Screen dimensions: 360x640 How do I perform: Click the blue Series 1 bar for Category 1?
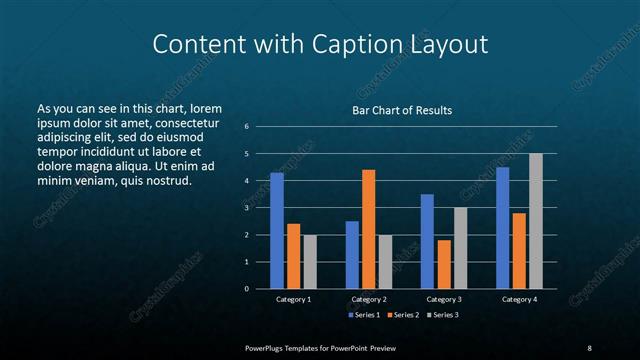pyautogui.click(x=277, y=231)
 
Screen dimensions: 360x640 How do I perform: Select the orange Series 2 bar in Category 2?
pyautogui.click(x=369, y=229)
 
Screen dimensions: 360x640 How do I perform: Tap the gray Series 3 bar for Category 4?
pyautogui.click(x=536, y=221)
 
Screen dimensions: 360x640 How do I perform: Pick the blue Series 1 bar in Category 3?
pyautogui.click(x=427, y=241)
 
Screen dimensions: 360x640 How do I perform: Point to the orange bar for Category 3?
pyautogui.click(x=444, y=264)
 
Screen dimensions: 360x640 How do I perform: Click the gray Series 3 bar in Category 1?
pyautogui.click(x=310, y=262)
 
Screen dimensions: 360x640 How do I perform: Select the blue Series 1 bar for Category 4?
pyautogui.click(x=502, y=228)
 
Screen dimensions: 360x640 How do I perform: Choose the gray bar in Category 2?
pyautogui.click(x=386, y=262)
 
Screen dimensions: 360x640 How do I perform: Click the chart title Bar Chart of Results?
pyautogui.click(x=402, y=110)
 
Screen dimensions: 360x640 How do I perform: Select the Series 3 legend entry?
pyautogui.click(x=443, y=316)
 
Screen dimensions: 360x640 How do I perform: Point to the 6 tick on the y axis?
pyautogui.click(x=246, y=126)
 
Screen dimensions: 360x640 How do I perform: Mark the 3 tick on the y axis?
pyautogui.click(x=246, y=208)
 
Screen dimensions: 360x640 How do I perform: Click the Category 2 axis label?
pyautogui.click(x=369, y=299)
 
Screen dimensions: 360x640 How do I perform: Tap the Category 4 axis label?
pyautogui.click(x=519, y=299)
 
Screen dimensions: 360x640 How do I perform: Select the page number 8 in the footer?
pyautogui.click(x=589, y=348)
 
